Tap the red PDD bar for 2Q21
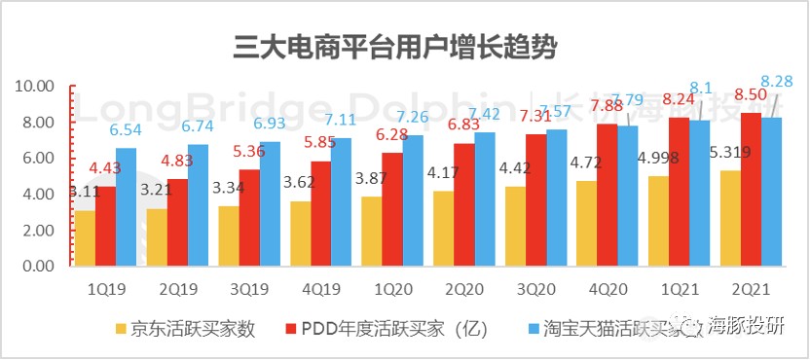(x=752, y=190)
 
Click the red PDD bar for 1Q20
(x=391, y=209)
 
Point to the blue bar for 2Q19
(x=198, y=205)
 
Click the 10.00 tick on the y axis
(x=36, y=87)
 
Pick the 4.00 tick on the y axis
(x=39, y=195)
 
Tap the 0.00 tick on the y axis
(x=39, y=266)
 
